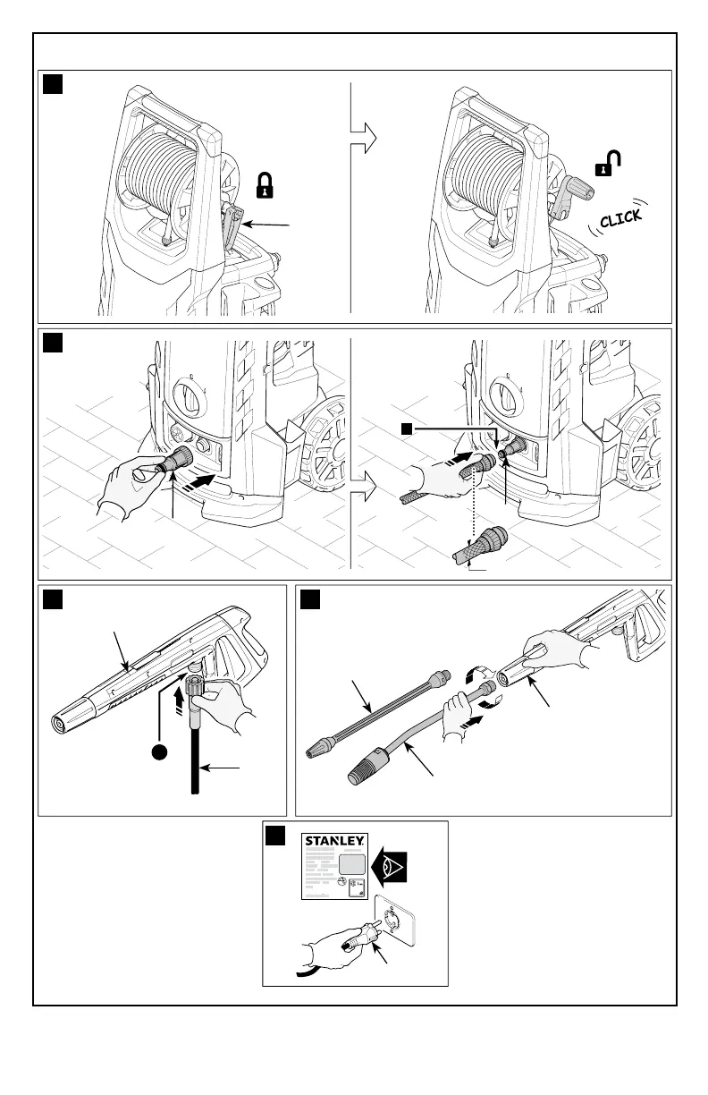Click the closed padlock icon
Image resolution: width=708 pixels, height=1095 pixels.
coord(265,184)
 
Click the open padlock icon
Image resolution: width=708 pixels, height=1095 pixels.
coord(608,163)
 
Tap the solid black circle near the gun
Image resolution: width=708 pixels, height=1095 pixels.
coord(160,752)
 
